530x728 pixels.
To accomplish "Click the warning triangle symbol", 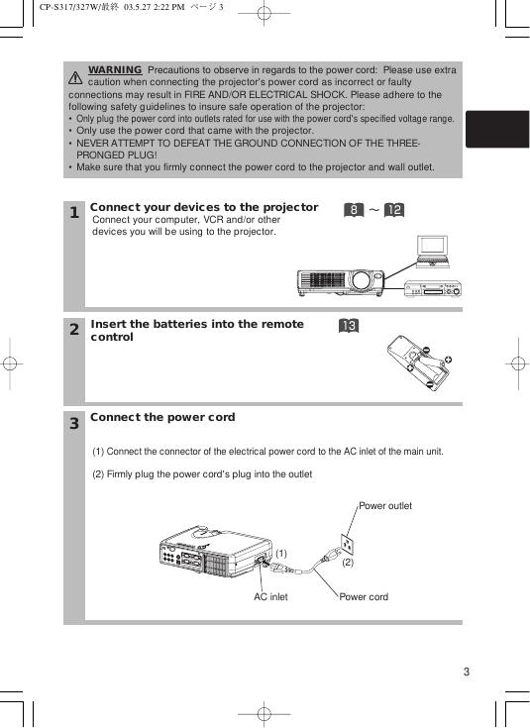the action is (75, 78).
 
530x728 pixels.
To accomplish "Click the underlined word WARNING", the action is (115, 69).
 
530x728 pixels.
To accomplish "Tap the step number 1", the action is (74, 213).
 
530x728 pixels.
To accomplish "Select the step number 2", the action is (74, 330).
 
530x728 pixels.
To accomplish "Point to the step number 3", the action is (74, 424).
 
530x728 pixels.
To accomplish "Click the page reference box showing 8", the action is (354, 210).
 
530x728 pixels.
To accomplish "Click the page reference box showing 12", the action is (394, 210).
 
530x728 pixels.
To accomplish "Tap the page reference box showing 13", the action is (349, 326).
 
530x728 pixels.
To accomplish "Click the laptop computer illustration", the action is (433, 252).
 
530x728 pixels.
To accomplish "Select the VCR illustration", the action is (433, 288).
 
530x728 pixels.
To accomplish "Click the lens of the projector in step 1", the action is (361, 280).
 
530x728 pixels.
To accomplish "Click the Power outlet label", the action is (385, 506).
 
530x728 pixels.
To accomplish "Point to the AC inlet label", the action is (270, 597).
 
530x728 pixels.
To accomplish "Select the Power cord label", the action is (364, 597).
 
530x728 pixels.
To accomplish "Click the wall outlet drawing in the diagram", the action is (348, 544).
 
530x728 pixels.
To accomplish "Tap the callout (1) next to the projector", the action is (281, 554).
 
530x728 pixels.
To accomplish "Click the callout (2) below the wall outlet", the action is (348, 563).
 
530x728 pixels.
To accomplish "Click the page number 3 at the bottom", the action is (467, 672).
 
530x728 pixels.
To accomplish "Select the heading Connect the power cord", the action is (162, 417).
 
